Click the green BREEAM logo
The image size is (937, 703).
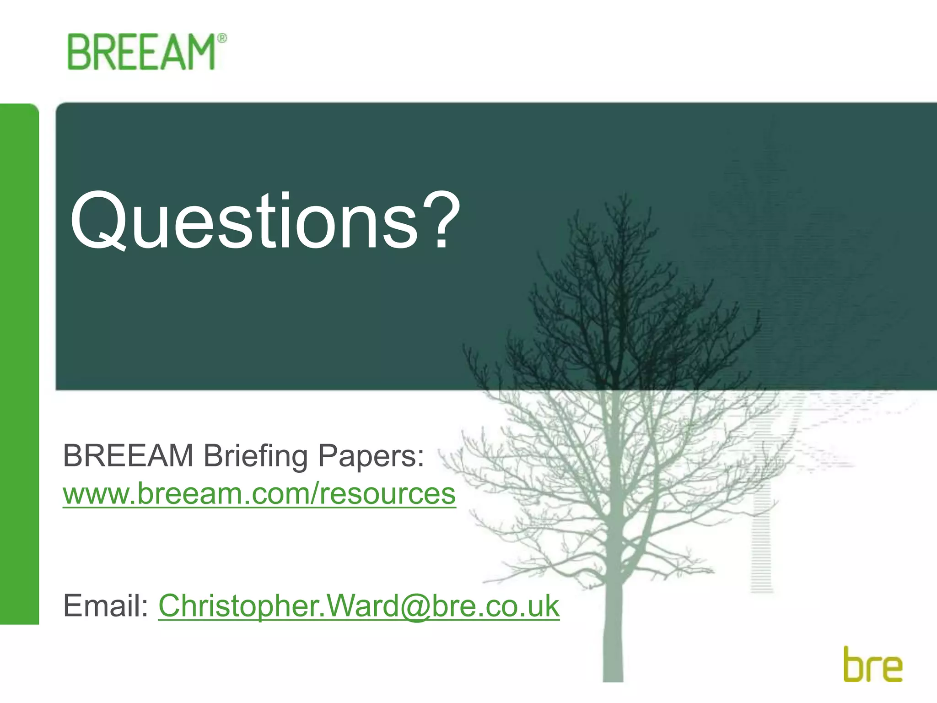142,52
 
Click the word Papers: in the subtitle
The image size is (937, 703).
371,457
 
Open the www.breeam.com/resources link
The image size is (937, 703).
259,494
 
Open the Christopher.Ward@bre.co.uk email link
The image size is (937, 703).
359,606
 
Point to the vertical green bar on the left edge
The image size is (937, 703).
19,364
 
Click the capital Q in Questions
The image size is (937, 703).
99,222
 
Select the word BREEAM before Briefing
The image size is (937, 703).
128,456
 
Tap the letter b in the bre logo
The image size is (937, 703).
854,664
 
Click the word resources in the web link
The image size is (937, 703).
387,494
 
